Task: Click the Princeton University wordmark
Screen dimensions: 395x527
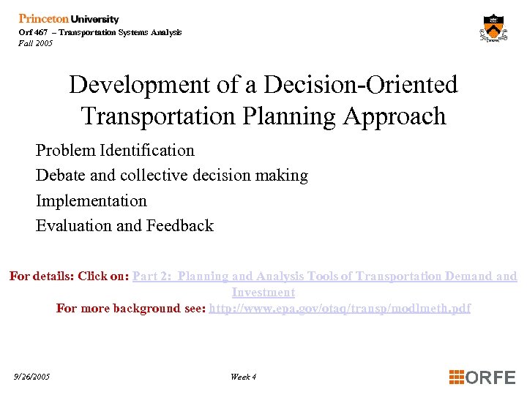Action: tap(69, 19)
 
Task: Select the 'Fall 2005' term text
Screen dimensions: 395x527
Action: tap(36, 43)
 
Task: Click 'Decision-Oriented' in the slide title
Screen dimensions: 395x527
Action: tap(360, 85)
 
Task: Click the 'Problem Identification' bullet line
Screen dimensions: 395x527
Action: tap(115, 151)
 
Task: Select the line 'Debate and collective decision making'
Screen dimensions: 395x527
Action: tap(172, 176)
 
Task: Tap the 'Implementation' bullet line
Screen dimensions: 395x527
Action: tap(91, 200)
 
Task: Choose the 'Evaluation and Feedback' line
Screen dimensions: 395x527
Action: tap(124, 225)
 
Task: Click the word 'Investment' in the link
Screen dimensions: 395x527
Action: tap(263, 293)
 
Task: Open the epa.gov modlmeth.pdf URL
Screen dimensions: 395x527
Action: tap(340, 309)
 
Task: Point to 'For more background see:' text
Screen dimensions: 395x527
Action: tap(131, 309)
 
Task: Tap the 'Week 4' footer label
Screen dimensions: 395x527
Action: tap(243, 377)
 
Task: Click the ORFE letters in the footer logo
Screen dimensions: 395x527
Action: tap(490, 377)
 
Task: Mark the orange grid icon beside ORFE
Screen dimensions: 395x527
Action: tap(457, 377)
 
